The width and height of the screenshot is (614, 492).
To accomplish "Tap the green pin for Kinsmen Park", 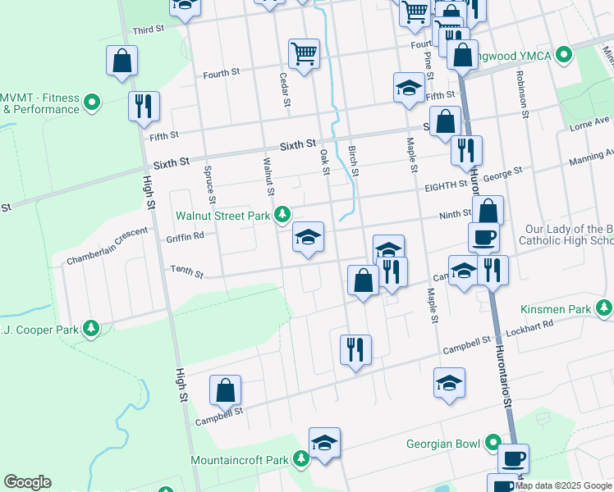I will [x=605, y=308].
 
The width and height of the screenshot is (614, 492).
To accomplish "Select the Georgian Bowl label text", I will [x=443, y=444].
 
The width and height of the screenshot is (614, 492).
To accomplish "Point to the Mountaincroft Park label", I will [x=239, y=460].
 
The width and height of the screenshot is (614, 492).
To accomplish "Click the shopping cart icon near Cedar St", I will [x=304, y=54].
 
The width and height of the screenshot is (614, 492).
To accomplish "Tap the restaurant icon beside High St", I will [x=144, y=106].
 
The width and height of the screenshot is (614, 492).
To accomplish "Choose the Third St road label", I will [x=149, y=30].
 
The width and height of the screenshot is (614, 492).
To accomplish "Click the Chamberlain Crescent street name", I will [x=108, y=247].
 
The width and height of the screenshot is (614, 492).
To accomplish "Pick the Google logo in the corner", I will [x=27, y=482].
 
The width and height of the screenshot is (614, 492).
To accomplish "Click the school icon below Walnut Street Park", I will [x=309, y=238].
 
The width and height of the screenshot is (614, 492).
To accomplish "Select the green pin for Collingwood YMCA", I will [x=563, y=55].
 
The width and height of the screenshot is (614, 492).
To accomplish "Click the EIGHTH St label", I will [x=446, y=186].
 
